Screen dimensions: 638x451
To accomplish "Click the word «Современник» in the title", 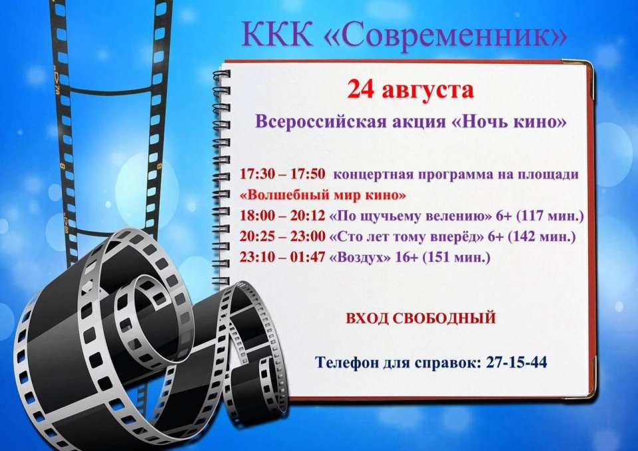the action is pyautogui.click(x=445, y=35).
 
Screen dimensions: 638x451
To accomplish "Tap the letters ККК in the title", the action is pyautogui.click(x=277, y=33).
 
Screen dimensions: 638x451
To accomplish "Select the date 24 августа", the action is pyautogui.click(x=411, y=90).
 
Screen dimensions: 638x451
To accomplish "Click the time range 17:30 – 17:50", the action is pyautogui.click(x=282, y=174).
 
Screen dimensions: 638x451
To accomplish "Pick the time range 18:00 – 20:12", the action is pyautogui.click(x=282, y=215).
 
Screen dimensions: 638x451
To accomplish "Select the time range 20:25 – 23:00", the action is pyautogui.click(x=282, y=236).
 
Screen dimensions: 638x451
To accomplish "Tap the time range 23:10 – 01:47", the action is pyautogui.click(x=282, y=257).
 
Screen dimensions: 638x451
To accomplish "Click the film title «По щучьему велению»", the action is pyautogui.click(x=410, y=216).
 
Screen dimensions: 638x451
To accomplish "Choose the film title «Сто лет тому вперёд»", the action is pyautogui.click(x=405, y=236).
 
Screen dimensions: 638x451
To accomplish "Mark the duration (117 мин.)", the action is pyautogui.click(x=550, y=216).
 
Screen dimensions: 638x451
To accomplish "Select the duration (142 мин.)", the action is pyautogui.click(x=541, y=236).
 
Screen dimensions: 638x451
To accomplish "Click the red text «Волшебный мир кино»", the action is pyautogui.click(x=323, y=195).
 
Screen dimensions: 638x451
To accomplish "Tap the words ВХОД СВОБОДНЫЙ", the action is pyautogui.click(x=421, y=318).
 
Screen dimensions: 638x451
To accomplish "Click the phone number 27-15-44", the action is pyautogui.click(x=517, y=362).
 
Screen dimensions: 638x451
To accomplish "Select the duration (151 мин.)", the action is pyautogui.click(x=456, y=258).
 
